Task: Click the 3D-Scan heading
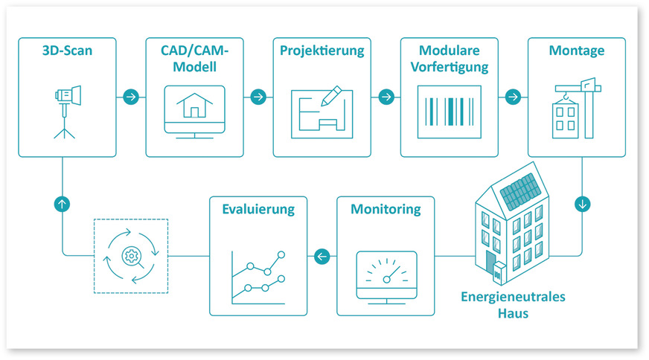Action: (67, 52)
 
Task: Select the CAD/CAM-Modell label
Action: (194, 59)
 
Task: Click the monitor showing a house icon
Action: (194, 111)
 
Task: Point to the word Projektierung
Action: (322, 52)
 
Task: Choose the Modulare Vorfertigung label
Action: (449, 59)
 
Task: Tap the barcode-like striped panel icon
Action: (449, 111)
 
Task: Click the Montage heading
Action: (576, 52)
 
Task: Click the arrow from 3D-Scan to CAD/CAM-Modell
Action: (131, 97)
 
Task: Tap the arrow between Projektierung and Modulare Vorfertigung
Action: (386, 97)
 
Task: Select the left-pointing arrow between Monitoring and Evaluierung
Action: (322, 257)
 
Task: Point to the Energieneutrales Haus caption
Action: (512, 305)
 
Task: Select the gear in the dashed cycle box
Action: (130, 257)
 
